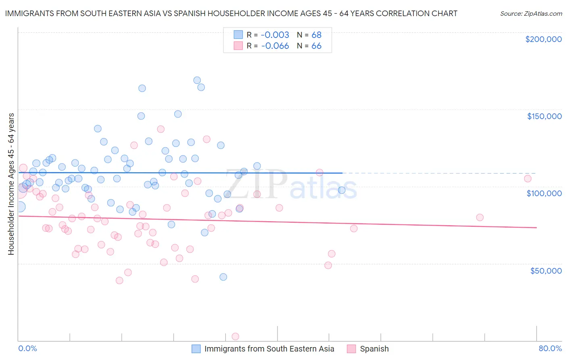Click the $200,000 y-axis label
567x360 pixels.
[543, 39]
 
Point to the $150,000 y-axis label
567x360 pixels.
[544, 116]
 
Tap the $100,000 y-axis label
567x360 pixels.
[544, 193]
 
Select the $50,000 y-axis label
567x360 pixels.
[546, 270]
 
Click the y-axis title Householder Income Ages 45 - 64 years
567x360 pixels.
[11, 184]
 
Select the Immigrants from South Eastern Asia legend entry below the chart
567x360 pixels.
[269, 349]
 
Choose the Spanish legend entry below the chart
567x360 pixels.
[374, 349]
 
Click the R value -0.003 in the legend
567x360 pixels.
[275, 35]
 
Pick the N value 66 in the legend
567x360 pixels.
[317, 46]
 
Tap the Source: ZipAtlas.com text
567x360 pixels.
[531, 14]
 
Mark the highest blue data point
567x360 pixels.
[197, 80]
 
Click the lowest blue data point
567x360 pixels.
[223, 277]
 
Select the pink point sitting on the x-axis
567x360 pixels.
[236, 337]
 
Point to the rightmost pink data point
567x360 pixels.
[527, 178]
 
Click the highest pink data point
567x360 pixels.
[161, 129]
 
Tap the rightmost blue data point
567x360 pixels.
[342, 190]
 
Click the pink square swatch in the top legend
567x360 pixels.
[238, 46]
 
